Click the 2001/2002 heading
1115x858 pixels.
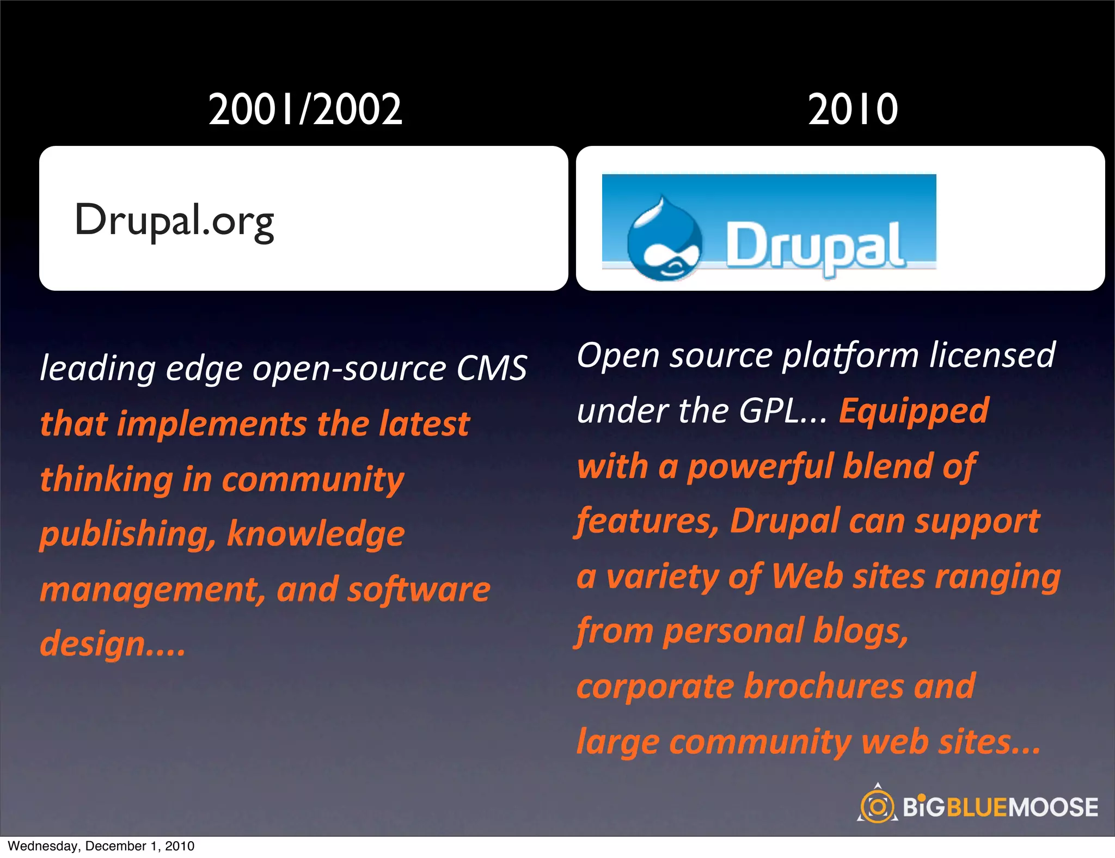click(305, 109)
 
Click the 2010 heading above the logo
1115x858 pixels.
click(853, 109)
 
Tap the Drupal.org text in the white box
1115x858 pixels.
click(174, 220)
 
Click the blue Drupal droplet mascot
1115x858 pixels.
click(664, 240)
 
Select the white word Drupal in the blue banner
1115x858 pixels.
click(815, 247)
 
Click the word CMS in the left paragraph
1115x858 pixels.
click(492, 368)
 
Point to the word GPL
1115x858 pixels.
click(769, 411)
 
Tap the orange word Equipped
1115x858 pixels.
click(914, 411)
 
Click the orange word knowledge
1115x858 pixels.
click(316, 534)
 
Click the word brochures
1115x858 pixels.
click(824, 686)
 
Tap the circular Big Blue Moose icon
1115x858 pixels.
click(877, 806)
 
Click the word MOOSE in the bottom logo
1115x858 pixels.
click(1053, 807)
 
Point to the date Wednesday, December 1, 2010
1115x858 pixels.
click(101, 846)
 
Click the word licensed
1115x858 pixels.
click(992, 356)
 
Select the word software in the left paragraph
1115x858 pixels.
click(419, 590)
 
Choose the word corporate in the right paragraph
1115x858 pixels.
click(655, 687)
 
